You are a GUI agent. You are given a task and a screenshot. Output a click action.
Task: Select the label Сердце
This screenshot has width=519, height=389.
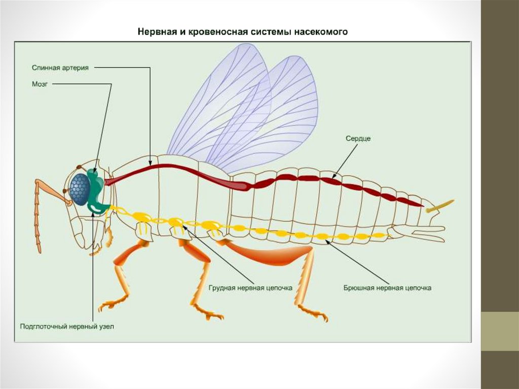coord(358,138)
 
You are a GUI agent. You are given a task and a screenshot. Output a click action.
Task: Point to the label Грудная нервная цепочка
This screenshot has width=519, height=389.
coord(250,288)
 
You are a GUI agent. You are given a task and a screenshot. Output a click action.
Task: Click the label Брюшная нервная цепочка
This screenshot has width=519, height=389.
coord(387,288)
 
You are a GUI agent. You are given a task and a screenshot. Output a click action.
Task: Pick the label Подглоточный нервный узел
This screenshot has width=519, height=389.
coord(67,326)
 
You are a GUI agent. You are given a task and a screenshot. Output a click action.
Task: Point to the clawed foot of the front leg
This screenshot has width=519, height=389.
coord(107,305)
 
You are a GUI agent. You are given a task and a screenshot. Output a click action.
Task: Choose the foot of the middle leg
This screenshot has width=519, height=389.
coord(210,314)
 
